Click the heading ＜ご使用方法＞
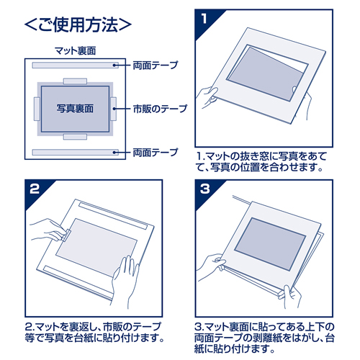pyautogui.click(x=78, y=24)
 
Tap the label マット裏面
pyautogui.click(x=76, y=51)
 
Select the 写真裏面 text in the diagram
pyautogui.click(x=75, y=109)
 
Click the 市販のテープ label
pyautogui.click(x=160, y=109)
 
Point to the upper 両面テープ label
pyautogui.click(x=156, y=66)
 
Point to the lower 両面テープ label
pyautogui.click(x=156, y=153)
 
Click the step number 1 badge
pyautogui.click(x=204, y=19)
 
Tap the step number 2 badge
pyautogui.click(x=35, y=189)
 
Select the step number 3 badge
pyautogui.click(x=204, y=189)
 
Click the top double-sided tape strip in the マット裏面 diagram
pyautogui.click(x=76, y=66)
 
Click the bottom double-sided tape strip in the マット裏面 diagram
pyautogui.click(x=76, y=152)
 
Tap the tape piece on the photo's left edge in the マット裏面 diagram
pyautogui.click(x=37, y=109)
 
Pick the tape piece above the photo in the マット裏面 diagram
pyautogui.click(x=75, y=81)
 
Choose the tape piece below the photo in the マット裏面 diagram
pyautogui.click(x=75, y=137)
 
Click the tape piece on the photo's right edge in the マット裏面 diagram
pyautogui.click(x=114, y=109)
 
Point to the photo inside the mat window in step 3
pyautogui.click(x=270, y=243)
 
